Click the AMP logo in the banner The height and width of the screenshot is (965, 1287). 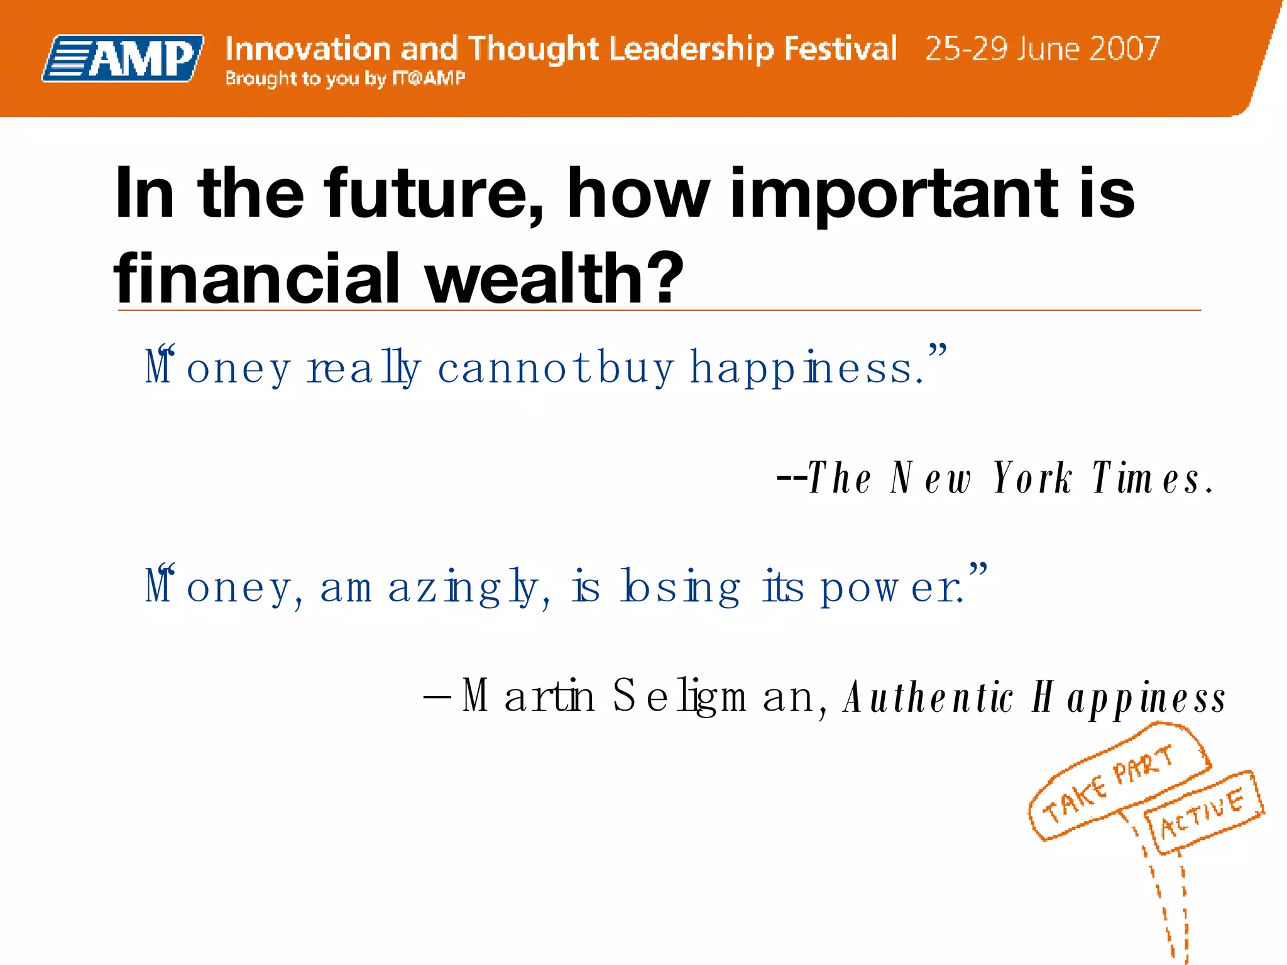(x=124, y=58)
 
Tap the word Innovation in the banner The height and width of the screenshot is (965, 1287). (x=308, y=49)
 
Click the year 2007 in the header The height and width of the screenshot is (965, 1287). (x=1125, y=49)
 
